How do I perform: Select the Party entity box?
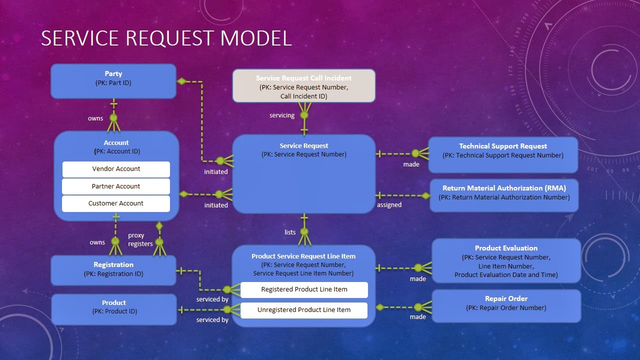(113, 80)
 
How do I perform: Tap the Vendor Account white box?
(116, 169)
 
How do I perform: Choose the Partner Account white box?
(116, 186)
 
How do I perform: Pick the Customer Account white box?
(116, 203)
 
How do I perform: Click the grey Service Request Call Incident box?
(303, 86)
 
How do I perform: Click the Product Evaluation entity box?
(506, 260)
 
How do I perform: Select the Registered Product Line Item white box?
(304, 289)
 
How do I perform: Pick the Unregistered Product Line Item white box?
(304, 310)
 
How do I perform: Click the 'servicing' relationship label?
(282, 115)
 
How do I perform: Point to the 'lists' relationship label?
(290, 232)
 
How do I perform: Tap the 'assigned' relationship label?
(389, 205)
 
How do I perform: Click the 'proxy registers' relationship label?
(139, 239)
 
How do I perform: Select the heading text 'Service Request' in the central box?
(304, 146)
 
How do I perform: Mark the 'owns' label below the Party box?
(95, 118)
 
